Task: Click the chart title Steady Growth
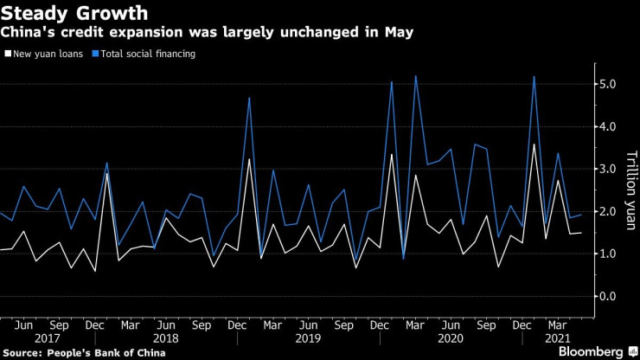pos(75,13)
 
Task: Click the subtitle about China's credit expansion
pos(207,33)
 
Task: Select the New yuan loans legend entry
pos(47,54)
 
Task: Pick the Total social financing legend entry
pos(148,54)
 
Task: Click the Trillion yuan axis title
pos(630,191)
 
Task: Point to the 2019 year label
pos(308,339)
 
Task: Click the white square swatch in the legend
pos(8,54)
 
